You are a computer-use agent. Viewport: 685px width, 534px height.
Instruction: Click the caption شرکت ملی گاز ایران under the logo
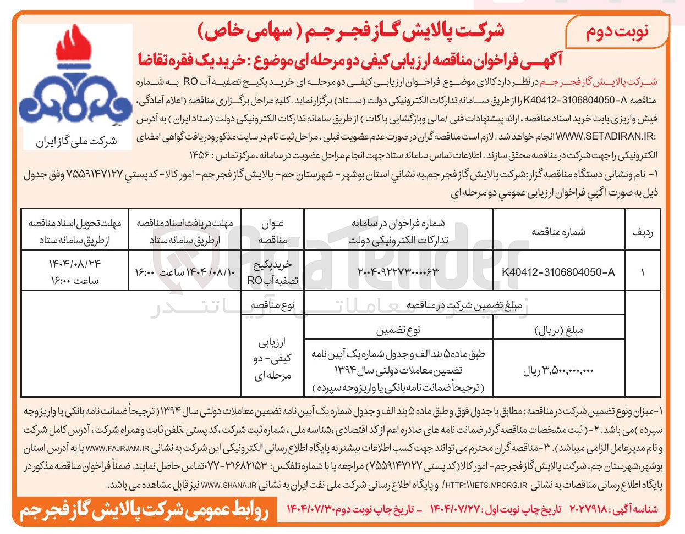click(x=76, y=142)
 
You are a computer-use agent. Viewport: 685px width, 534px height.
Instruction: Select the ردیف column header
click(x=643, y=232)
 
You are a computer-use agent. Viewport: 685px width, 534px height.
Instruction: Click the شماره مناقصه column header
click(x=558, y=232)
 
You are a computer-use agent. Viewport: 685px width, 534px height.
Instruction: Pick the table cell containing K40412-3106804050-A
click(x=558, y=272)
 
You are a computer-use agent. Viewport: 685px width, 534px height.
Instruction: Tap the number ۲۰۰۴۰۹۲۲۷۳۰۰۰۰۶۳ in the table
click(x=398, y=272)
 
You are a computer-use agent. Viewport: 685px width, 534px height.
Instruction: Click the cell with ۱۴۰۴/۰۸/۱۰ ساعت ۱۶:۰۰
click(x=184, y=272)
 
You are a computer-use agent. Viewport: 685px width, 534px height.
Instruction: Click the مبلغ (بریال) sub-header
click(x=558, y=330)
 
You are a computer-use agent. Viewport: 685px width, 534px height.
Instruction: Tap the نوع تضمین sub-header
click(x=398, y=330)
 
